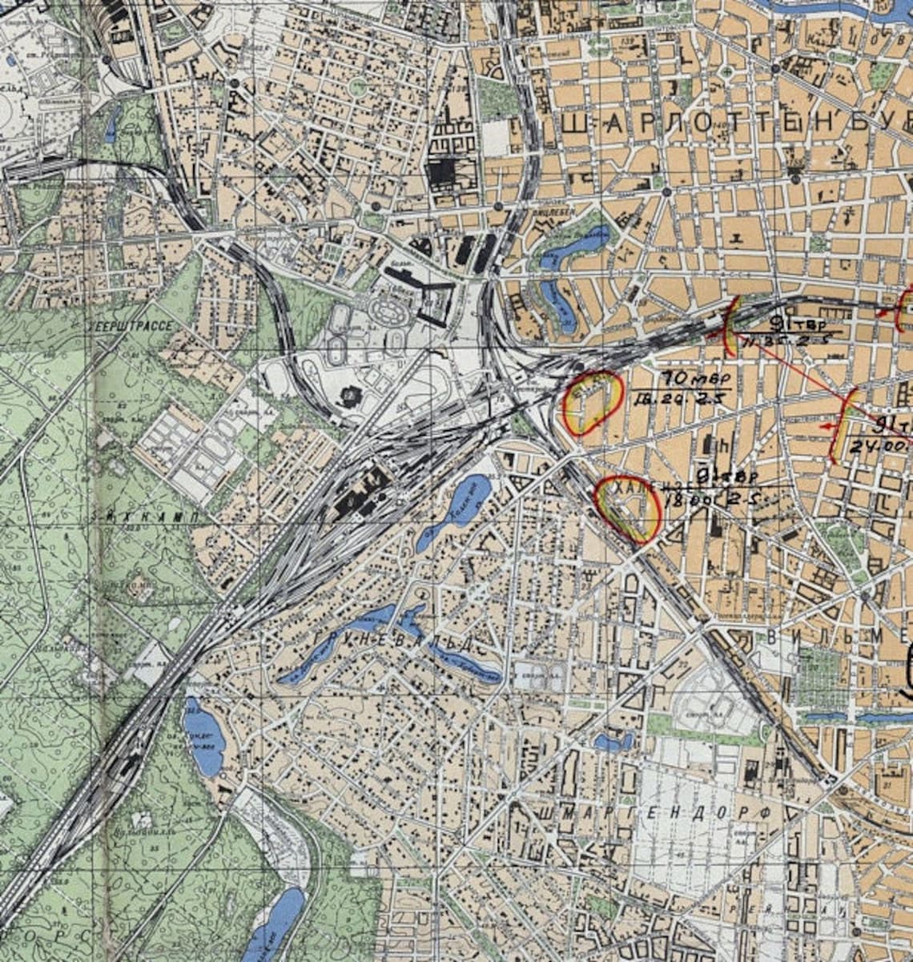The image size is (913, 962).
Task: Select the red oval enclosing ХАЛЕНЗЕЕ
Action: click(x=629, y=511)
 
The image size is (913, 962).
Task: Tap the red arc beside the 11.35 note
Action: click(x=730, y=327)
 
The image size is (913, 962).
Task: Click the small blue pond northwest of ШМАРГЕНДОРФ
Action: click(x=613, y=743)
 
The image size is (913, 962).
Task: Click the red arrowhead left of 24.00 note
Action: click(x=826, y=429)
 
